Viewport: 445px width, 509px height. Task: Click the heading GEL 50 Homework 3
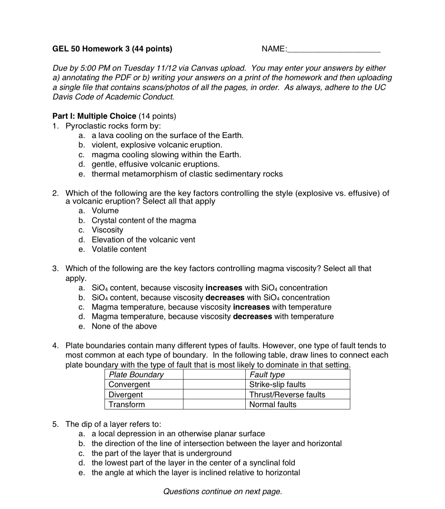112,49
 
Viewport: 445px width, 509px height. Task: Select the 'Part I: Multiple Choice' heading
94,116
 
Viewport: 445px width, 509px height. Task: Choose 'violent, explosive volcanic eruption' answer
157,145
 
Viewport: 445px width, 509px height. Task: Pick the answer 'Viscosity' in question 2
108,230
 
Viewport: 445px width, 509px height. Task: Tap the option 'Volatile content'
119,249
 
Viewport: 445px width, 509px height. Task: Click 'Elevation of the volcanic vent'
143,240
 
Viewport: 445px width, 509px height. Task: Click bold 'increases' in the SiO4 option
224,288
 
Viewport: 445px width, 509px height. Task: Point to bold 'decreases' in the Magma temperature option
252,317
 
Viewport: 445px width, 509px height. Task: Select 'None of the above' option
124,327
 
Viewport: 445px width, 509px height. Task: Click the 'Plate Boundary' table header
136,375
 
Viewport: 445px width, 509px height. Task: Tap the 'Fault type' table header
267,375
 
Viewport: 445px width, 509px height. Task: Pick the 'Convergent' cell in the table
129,385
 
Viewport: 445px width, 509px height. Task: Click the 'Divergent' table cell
126,395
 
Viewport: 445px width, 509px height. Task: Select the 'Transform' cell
126,405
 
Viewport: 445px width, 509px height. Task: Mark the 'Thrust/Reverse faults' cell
287,395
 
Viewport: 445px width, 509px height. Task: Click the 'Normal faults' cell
273,405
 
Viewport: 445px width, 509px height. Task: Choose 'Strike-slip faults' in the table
277,385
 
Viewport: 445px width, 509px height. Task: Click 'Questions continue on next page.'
222,492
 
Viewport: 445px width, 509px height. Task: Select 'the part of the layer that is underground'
162,454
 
